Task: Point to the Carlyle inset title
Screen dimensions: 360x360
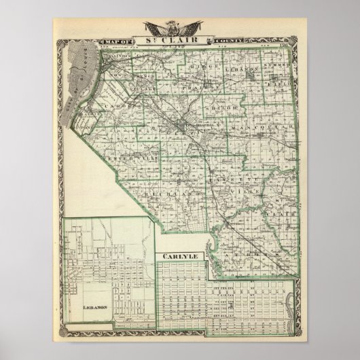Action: click(x=175, y=255)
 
